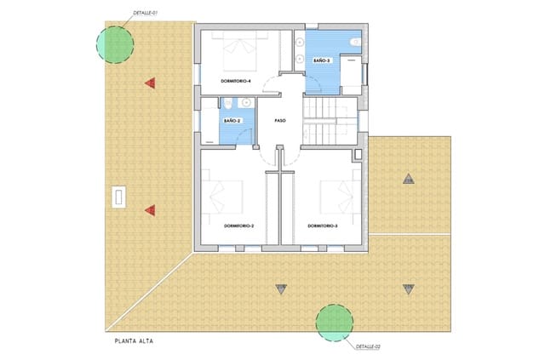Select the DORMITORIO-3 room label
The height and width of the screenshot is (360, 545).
(322, 226)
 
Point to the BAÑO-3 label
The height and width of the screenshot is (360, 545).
(321, 61)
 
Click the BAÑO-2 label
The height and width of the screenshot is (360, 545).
(232, 121)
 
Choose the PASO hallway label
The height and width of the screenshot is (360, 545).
(280, 121)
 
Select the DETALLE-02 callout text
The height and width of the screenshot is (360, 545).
(367, 347)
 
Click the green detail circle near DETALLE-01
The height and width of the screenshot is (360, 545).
(114, 43)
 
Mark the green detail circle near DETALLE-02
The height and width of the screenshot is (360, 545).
(334, 322)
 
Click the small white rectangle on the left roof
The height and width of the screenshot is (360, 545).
(120, 197)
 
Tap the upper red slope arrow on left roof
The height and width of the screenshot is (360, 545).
(150, 83)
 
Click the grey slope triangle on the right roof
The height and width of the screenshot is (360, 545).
(409, 180)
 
